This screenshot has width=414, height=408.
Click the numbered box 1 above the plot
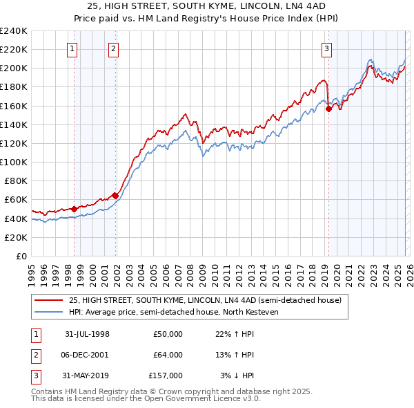tap(72, 48)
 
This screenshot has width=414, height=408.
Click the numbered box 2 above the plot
tap(113, 48)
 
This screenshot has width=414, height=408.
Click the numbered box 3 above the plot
tap(326, 48)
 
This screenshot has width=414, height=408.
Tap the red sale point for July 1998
tap(75, 208)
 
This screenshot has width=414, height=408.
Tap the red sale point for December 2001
tap(115, 195)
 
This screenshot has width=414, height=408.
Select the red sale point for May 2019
tap(328, 108)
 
